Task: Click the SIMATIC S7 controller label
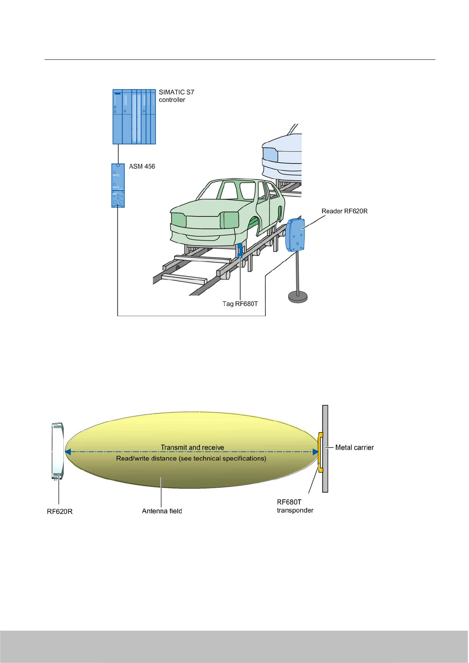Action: coord(176,96)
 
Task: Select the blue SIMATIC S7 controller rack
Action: coord(134,117)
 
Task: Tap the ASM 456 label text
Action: coord(142,167)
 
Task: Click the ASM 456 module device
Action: coord(118,185)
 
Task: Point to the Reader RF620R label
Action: coord(344,211)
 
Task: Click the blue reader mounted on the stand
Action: coord(295,235)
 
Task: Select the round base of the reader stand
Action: coord(298,296)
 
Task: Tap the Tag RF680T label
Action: coord(240,304)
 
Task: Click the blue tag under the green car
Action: coord(240,250)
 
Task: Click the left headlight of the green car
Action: coord(179,219)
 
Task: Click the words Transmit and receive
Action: coord(192,447)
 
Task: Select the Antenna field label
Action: coord(162,511)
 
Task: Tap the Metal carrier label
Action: coord(354,447)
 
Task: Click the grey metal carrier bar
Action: coord(325,448)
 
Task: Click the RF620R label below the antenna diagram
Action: coord(59,511)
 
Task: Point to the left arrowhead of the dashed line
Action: coord(68,452)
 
